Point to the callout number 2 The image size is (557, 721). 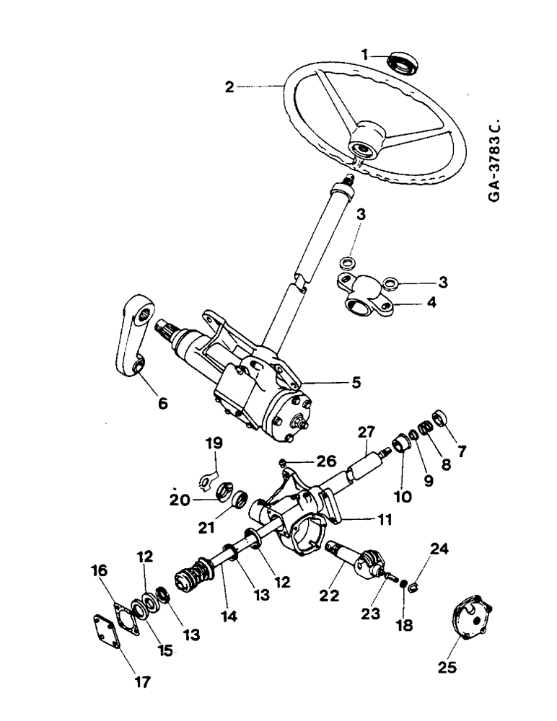[229, 87]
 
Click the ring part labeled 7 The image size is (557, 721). [442, 419]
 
